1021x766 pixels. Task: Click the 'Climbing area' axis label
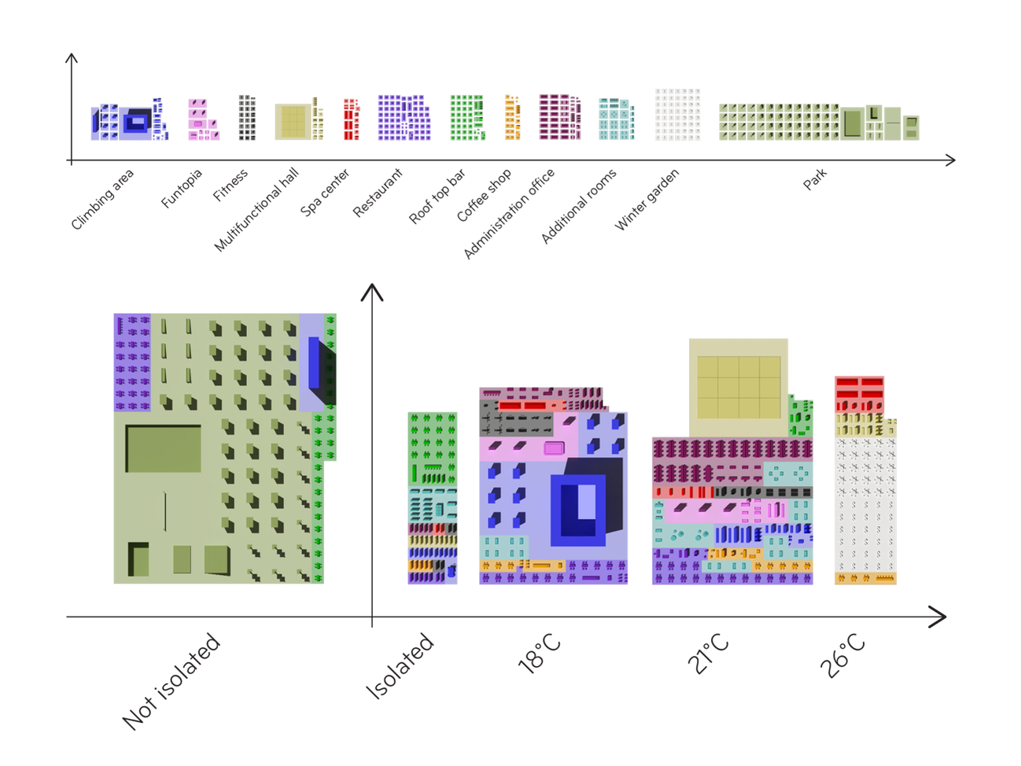tap(102, 200)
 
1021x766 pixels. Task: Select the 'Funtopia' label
tap(182, 189)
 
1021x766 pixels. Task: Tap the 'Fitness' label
tap(230, 185)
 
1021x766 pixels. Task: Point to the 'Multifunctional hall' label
tap(256, 210)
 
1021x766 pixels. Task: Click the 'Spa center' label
tap(325, 193)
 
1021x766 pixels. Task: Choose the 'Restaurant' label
tap(378, 193)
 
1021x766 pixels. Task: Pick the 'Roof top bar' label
tap(437, 197)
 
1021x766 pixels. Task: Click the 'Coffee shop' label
tap(484, 195)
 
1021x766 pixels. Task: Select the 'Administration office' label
tap(510, 213)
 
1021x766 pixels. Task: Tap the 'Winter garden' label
tap(647, 200)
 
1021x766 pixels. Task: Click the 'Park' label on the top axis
tap(815, 179)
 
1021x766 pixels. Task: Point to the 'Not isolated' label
tap(171, 681)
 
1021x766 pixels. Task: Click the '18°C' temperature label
tap(540, 654)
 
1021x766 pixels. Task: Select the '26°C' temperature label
tap(842, 655)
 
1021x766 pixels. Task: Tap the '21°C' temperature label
tap(708, 654)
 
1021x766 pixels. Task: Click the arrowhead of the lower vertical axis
tap(372, 291)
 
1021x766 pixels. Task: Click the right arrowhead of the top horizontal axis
tap(951, 160)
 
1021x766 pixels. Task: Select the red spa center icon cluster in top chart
tap(351, 119)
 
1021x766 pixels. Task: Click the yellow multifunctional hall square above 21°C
tap(739, 387)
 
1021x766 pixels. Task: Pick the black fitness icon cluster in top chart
tap(247, 118)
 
